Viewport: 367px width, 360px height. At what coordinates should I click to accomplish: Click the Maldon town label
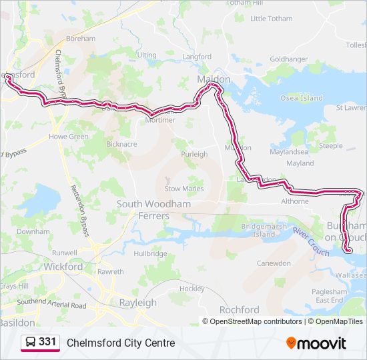point(214,79)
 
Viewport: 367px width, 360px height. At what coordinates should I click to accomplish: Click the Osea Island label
point(301,98)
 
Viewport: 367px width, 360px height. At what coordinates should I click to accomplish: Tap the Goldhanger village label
point(288,59)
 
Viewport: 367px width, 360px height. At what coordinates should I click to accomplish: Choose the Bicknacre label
point(121,144)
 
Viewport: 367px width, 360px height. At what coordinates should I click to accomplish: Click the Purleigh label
point(194,154)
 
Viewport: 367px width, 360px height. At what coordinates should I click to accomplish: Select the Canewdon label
point(274,263)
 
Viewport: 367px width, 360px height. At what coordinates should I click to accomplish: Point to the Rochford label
point(239,310)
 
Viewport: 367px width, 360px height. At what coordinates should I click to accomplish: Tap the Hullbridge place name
point(150,254)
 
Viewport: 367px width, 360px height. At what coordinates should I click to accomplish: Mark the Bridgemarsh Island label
point(258,231)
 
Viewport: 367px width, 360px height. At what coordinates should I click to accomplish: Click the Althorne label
point(295,201)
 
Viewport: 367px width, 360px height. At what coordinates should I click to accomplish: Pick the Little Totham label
point(271,19)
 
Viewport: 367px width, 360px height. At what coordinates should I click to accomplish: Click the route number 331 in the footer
point(47,342)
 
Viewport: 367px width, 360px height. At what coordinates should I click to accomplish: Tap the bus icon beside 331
point(31,343)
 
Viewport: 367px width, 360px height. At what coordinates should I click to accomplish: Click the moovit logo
point(316,343)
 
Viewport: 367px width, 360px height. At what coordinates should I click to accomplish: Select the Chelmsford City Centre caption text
point(121,343)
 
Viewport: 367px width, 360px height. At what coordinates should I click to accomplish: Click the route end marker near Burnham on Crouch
point(348,250)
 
